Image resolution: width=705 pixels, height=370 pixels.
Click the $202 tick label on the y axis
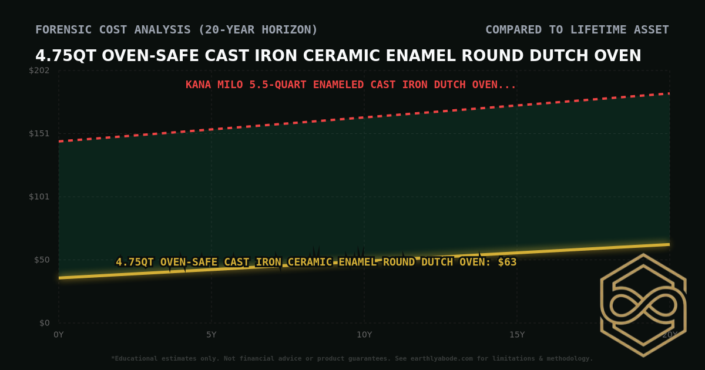pos(39,70)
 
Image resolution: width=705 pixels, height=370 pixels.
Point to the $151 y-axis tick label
pos(39,133)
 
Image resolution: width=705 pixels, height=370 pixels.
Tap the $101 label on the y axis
pos(39,196)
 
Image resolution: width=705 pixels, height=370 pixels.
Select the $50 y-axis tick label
pos(41,260)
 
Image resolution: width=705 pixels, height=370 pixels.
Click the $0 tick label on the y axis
pos(44,322)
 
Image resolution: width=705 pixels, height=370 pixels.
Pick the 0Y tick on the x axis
pos(59,335)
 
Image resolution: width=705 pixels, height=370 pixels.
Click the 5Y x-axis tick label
pos(211,335)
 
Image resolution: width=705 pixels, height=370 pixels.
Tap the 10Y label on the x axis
pos(364,335)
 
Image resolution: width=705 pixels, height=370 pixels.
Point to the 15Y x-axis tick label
pos(517,335)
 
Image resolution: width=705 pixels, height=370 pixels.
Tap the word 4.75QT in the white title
pos(65,56)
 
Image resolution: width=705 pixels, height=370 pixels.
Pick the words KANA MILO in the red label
pos(214,85)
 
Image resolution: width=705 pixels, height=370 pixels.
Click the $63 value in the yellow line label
pos(507,262)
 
